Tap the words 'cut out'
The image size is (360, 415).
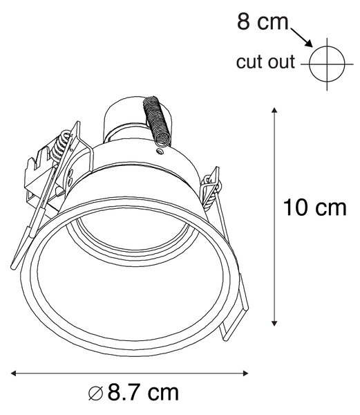click(265, 62)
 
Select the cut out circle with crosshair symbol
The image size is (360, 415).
click(327, 64)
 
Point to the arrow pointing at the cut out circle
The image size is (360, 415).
click(301, 38)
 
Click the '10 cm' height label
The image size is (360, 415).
click(314, 207)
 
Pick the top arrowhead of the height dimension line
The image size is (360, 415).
click(274, 110)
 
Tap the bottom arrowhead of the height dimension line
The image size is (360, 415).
click(274, 323)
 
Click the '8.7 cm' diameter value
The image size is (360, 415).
click(143, 393)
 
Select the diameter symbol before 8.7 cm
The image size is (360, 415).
click(95, 394)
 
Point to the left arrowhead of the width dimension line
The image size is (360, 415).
click(14, 373)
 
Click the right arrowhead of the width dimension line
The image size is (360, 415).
click(245, 373)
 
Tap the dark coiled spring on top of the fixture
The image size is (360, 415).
click(157, 121)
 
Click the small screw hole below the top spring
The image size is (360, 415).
click(160, 151)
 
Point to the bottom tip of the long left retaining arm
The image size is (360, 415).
click(12, 267)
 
